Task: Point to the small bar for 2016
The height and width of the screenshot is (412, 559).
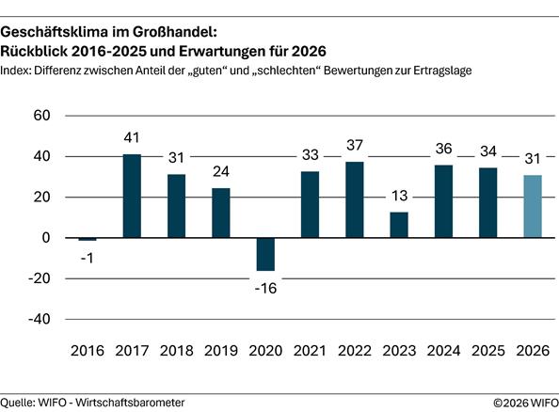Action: pyautogui.click(x=88, y=239)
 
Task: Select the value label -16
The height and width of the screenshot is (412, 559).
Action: pyautogui.click(x=266, y=286)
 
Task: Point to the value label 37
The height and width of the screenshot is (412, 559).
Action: pyautogui.click(x=354, y=147)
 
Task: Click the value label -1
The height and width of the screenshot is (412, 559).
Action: pyautogui.click(x=88, y=256)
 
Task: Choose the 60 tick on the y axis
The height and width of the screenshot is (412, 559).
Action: pyautogui.click(x=41, y=116)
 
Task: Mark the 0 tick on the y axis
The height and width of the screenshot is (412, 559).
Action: pyautogui.click(x=45, y=238)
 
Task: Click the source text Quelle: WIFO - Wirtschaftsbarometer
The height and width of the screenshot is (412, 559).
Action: pyautogui.click(x=92, y=402)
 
